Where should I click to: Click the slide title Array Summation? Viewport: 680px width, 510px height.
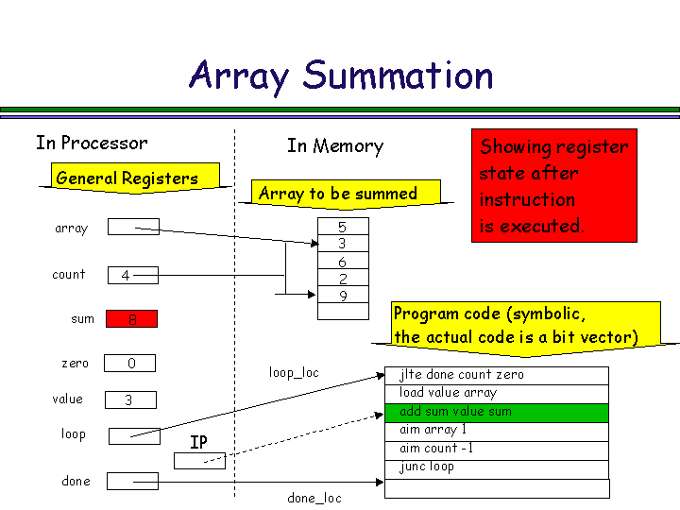[341, 76]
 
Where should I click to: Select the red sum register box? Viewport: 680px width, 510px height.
[131, 319]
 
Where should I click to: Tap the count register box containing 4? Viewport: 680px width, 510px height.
[131, 276]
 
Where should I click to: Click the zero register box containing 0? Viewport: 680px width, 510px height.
[130, 364]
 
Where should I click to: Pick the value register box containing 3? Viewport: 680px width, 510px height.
[130, 400]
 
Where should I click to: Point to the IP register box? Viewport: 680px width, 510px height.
[199, 461]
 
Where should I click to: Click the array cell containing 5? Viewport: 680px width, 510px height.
[342, 228]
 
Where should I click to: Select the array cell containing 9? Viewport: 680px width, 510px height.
[342, 297]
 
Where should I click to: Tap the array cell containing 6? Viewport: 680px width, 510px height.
[342, 262]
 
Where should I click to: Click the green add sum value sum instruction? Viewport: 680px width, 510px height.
[497, 412]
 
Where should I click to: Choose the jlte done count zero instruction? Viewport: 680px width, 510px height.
[497, 375]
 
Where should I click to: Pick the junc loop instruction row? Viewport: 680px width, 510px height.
[497, 467]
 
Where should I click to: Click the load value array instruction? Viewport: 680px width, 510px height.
[497, 393]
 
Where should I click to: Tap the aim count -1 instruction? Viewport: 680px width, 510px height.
[497, 449]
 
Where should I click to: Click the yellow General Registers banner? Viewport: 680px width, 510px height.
[127, 178]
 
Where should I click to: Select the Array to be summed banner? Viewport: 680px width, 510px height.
[338, 194]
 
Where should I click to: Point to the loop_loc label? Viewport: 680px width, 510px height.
[294, 373]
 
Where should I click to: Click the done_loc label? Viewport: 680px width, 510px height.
[314, 498]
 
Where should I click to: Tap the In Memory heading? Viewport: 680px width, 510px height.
[335, 146]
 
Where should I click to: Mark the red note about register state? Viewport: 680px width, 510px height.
[553, 186]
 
